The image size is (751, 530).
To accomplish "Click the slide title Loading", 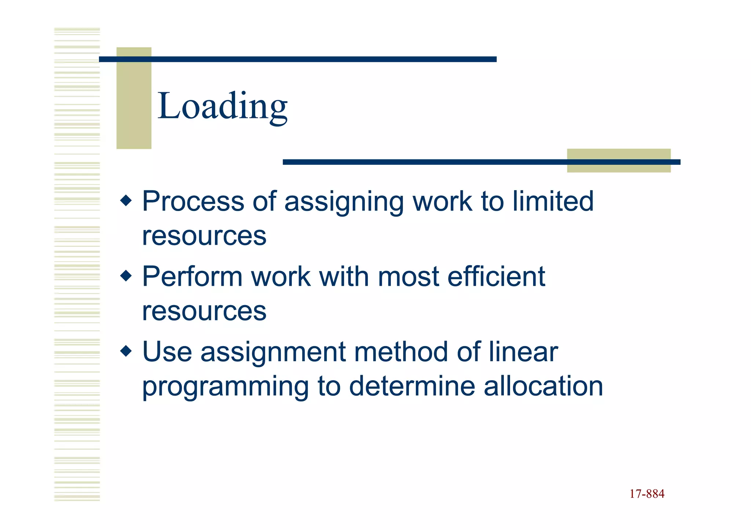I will pos(222,106).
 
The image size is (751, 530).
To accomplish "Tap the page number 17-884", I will pos(647,494).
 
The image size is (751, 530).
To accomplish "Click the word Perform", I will pos(192,277).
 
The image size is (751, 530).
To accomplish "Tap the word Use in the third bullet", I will pos(167,352).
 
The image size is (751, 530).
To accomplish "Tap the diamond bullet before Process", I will pos(126,201).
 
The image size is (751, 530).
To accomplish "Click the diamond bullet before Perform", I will pos(126,276).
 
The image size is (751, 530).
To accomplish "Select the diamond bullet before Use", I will pos(126,351).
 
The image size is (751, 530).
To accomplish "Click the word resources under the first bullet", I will pos(204,236).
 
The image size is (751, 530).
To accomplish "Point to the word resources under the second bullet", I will pos(204,311).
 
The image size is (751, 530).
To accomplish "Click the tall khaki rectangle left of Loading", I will pos(134,98).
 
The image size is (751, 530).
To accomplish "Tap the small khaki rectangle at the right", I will pos(619,160).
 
